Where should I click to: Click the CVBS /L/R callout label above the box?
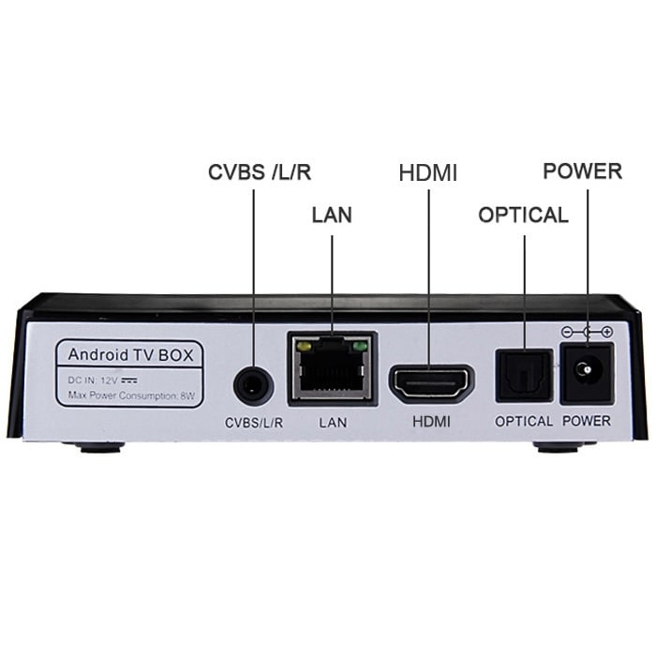260,171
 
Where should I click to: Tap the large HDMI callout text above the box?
428,172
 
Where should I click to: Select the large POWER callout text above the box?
582,171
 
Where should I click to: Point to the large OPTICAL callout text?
523,215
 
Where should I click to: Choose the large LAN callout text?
332,215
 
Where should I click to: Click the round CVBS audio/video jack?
254,385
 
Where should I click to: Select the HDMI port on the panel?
431,384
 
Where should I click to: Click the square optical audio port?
524,376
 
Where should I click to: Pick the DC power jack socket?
587,373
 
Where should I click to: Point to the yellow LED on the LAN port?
303,347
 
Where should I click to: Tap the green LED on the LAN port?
360,347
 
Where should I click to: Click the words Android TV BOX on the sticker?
130,355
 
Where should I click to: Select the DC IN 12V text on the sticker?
102,380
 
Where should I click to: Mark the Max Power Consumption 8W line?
131,395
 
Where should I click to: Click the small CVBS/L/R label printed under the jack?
254,423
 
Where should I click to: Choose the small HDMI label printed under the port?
431,422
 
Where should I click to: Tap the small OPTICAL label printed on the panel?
524,422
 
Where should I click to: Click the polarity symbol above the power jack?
587,332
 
